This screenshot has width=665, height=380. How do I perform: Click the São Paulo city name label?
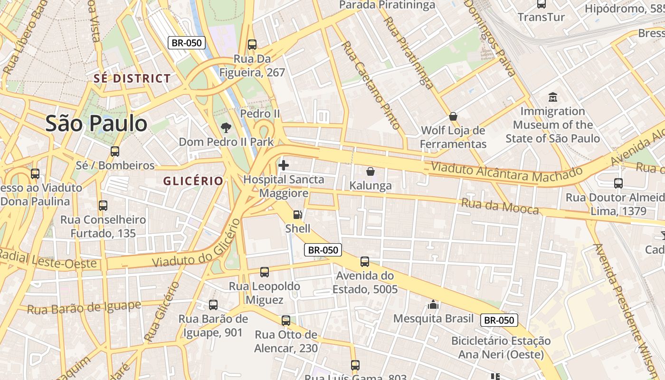[x=96, y=123]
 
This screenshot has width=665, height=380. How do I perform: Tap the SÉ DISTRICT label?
[x=132, y=79]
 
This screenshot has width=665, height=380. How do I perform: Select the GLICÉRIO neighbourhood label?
[x=193, y=181]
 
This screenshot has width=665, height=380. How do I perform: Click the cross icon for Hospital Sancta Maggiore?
[x=284, y=165]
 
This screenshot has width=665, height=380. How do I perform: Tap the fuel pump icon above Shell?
[x=297, y=215]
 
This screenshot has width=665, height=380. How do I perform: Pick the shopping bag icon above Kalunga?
[x=370, y=171]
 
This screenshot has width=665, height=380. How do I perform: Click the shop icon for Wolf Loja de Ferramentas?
[x=453, y=116]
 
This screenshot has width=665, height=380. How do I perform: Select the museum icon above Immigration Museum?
[x=552, y=97]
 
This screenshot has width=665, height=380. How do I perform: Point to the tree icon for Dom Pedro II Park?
[x=226, y=127]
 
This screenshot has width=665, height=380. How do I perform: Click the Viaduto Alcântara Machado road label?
[x=506, y=171]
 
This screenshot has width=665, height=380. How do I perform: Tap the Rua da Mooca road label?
[x=500, y=207]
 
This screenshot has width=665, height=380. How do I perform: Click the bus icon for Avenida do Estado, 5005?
[x=365, y=262]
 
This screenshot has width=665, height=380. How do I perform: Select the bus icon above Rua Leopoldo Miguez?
[x=265, y=272]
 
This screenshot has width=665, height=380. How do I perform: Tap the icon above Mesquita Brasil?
[x=433, y=304]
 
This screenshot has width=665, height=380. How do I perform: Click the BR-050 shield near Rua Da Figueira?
[x=187, y=43]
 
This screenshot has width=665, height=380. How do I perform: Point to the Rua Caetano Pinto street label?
[x=371, y=85]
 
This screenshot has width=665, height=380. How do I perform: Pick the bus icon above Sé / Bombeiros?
[x=115, y=152]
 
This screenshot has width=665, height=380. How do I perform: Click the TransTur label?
[x=541, y=18]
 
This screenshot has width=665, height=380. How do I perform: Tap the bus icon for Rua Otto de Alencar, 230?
[x=285, y=321]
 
